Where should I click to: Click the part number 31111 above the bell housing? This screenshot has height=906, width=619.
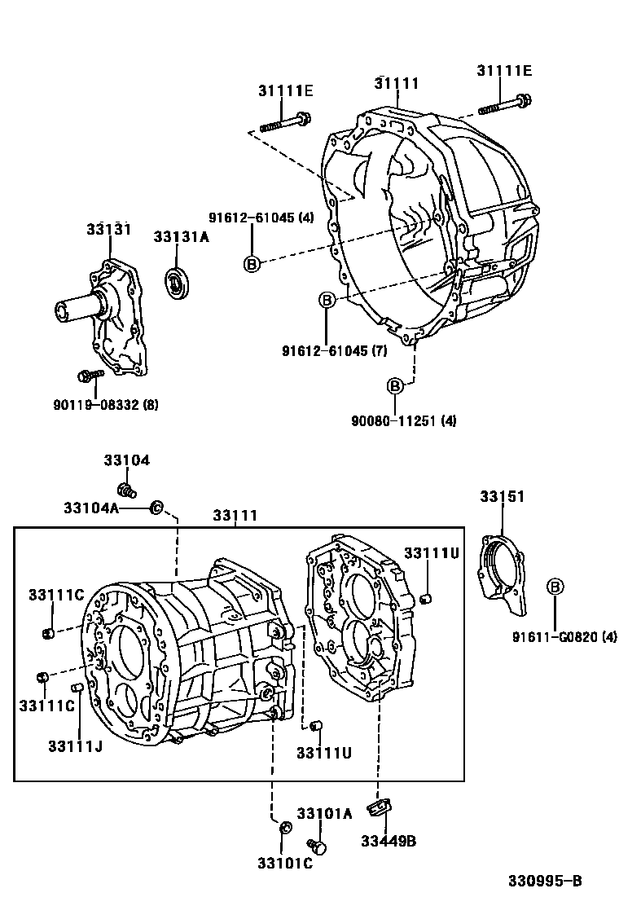pos(396,83)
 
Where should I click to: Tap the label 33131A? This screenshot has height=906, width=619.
pos(182,237)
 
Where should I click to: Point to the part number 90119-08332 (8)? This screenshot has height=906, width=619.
pos(106,404)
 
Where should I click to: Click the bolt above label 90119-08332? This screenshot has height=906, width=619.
pos(90,376)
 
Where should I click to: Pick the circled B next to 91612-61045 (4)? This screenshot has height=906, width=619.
pos(252,264)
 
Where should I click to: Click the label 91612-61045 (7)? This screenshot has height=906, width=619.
pos(334,350)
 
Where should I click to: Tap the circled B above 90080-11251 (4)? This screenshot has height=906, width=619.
pos(394,386)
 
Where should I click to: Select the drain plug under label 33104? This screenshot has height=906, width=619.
pos(127,490)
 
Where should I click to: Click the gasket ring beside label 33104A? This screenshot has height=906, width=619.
pos(156,508)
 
